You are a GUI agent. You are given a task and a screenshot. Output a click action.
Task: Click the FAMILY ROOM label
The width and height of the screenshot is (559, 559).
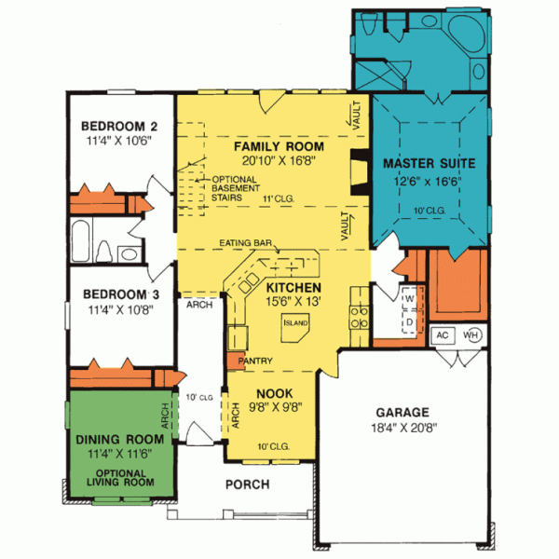279,147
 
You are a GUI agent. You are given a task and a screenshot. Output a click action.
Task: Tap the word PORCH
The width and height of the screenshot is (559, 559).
247,484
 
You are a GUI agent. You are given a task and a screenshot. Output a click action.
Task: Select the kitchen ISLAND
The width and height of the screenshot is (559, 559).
296,322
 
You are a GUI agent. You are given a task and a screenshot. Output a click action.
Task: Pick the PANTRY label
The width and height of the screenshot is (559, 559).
254,359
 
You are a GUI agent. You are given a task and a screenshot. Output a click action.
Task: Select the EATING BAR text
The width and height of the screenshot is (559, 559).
246,243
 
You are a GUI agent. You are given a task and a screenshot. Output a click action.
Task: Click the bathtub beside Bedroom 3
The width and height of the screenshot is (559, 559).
81,242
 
